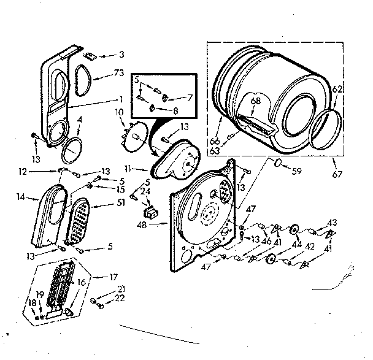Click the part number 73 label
click(118, 74)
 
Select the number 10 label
click(119, 112)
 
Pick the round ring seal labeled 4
click(72, 148)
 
